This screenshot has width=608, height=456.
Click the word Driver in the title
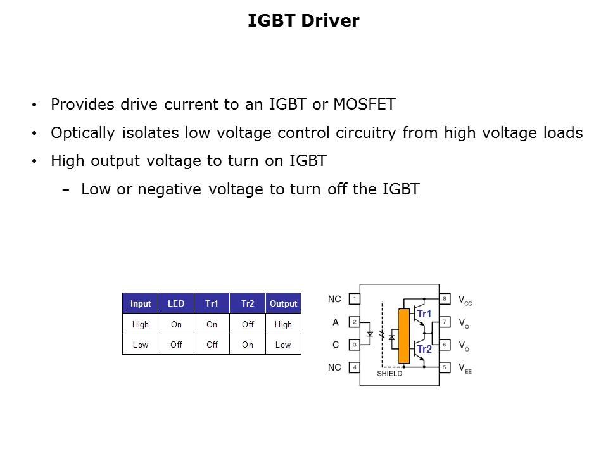coord(330,20)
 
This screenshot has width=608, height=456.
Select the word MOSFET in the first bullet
coord(365,104)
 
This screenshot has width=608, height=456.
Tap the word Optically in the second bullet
coord(83,133)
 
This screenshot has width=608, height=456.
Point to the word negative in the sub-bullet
coord(170,189)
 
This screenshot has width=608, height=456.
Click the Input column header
coord(141,303)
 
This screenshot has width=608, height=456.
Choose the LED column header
coord(176,303)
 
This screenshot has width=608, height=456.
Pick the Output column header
coord(284,303)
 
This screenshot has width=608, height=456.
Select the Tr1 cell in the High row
coord(212,324)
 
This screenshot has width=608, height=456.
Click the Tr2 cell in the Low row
coord(248,345)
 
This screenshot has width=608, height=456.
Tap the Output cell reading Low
coord(283,345)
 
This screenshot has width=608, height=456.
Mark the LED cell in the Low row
coord(176,345)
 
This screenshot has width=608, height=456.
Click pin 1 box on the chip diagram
coord(355,299)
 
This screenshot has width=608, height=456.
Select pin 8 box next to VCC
coord(445,298)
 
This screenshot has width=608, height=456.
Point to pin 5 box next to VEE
coord(445,367)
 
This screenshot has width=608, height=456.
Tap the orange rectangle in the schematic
coord(404,336)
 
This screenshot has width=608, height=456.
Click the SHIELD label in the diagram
coord(389,374)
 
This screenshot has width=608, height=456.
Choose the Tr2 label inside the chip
coord(424,349)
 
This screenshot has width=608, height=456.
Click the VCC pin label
coord(465,300)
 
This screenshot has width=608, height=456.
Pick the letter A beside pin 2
coord(336,322)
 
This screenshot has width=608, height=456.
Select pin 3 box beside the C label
coord(355,345)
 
